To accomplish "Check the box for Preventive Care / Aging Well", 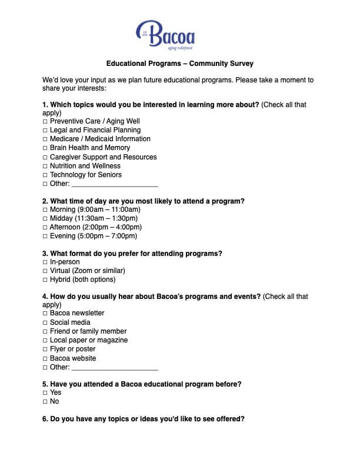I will [x=45, y=121].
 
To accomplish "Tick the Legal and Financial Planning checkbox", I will [x=45, y=130].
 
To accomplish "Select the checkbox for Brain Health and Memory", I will [x=45, y=148].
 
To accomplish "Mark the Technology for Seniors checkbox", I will [x=45, y=175].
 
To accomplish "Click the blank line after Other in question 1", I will [x=114, y=185].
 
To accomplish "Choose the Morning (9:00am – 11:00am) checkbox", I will [x=45, y=209].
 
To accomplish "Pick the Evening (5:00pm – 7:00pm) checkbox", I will [x=45, y=237].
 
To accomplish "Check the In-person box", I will [x=45, y=262].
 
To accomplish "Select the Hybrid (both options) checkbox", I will [x=45, y=280].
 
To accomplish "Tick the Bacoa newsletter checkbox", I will [x=45, y=314].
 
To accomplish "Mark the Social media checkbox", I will [x=45, y=322].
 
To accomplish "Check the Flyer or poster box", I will [x=45, y=349].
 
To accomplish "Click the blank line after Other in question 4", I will [x=114, y=368].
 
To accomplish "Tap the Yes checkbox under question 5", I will [x=45, y=392].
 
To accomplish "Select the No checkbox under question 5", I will [x=45, y=402].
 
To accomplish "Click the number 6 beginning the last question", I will [x=45, y=420].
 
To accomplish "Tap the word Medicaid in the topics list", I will [x=105, y=139].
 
